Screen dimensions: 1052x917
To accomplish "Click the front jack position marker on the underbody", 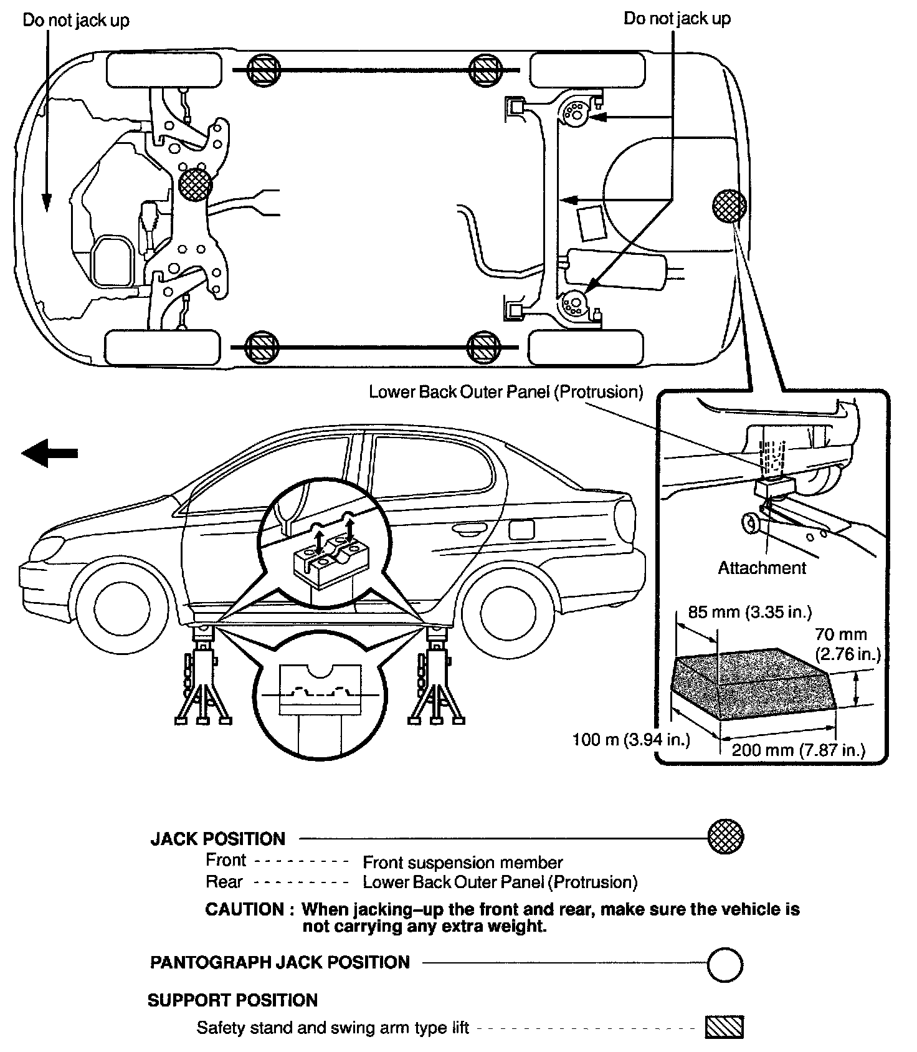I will (x=195, y=184).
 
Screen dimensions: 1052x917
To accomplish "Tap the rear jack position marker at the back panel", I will (x=729, y=206).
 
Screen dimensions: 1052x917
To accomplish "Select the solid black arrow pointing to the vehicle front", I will (x=50, y=453).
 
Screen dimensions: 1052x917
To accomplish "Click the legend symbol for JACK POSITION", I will (x=726, y=836).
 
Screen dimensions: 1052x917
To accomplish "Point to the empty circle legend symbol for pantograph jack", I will (x=725, y=965).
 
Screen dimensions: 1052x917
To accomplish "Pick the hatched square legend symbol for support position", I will (x=725, y=1027).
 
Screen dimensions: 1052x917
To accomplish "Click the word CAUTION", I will (x=245, y=909).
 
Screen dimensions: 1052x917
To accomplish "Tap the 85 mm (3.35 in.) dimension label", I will (x=749, y=612).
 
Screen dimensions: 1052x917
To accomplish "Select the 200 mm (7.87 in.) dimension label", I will (x=799, y=750).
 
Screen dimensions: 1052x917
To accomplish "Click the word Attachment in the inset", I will (x=762, y=568).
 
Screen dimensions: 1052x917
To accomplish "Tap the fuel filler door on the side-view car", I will (x=521, y=529).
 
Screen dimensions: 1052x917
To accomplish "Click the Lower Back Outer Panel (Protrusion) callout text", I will (x=505, y=392).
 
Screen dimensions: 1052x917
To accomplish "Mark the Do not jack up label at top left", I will (x=76, y=21).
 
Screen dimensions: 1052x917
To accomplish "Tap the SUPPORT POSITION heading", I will (x=232, y=1000).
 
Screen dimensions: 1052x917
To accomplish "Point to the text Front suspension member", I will (x=462, y=863).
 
